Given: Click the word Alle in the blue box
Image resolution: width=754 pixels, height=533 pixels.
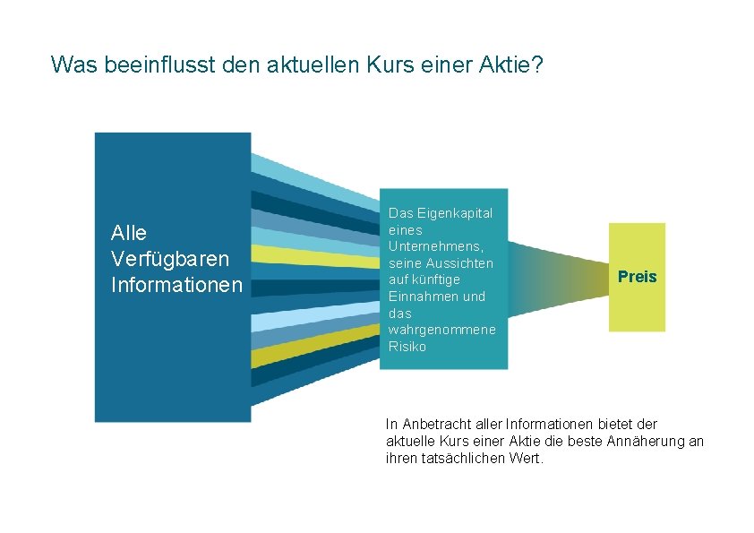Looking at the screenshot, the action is (129, 233).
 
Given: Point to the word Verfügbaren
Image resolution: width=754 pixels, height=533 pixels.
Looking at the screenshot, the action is (170, 259).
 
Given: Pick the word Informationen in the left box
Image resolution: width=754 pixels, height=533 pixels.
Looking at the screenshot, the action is (176, 285).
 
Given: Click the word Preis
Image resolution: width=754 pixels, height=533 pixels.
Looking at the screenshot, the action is (637, 277).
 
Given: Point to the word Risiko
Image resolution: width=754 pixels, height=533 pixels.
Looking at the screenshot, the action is (407, 347).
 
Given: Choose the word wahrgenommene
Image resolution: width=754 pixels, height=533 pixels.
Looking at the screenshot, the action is (441, 330).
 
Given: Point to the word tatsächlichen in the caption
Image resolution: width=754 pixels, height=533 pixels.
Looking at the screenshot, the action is (458, 458).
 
